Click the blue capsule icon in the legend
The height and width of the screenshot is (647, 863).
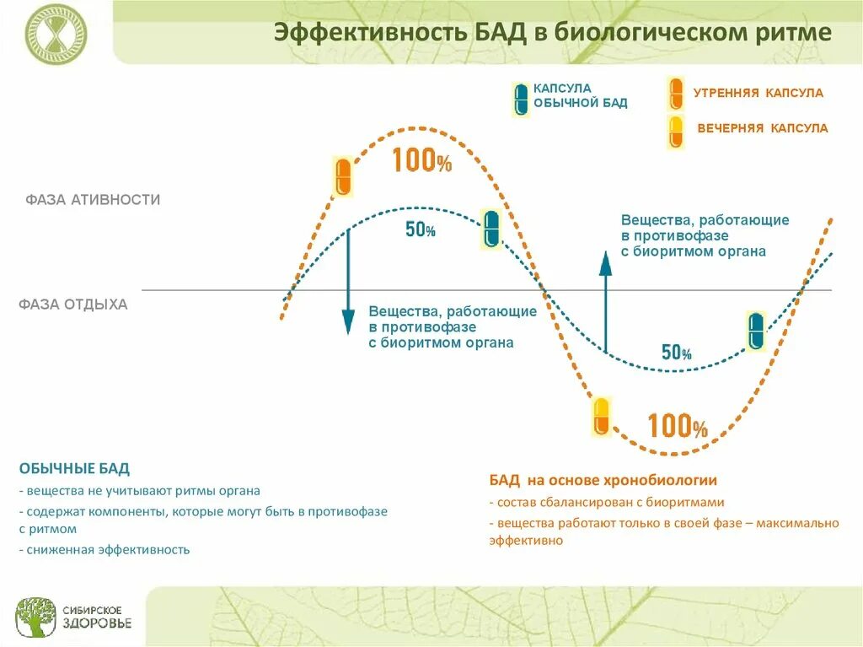(521, 99)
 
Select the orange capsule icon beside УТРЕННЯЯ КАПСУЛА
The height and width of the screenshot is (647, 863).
(676, 93)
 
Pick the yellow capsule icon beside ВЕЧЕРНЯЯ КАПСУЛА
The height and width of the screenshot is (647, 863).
(676, 131)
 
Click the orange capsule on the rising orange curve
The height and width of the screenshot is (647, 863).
(343, 176)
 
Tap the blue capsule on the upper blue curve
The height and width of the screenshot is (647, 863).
(491, 229)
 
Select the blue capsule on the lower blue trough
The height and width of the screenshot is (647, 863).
(756, 330)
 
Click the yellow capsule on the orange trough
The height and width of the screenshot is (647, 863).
(600, 416)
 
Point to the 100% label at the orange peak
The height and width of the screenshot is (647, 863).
(421, 160)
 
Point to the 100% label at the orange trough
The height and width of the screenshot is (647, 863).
(677, 426)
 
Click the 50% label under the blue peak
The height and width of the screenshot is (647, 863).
(420, 229)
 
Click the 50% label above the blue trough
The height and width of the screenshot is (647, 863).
(676, 353)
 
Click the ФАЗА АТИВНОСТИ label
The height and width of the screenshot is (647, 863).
(93, 200)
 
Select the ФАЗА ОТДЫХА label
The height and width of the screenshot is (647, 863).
(73, 305)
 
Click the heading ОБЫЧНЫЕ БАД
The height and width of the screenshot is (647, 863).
(74, 468)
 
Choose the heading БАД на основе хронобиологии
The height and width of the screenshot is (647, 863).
(603, 480)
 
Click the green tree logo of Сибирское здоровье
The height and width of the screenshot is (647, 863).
(36, 617)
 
